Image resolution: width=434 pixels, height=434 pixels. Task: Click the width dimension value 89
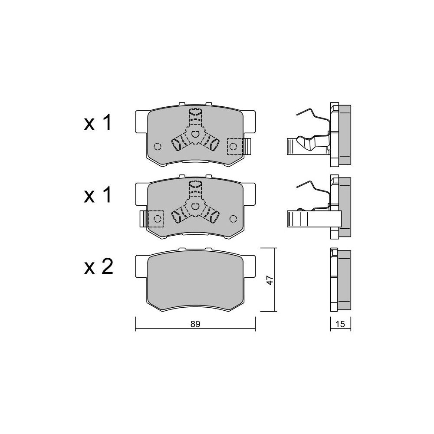coord(195,324)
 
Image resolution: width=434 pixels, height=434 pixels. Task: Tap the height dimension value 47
coord(270,280)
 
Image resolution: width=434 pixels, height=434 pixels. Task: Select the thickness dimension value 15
coord(340,324)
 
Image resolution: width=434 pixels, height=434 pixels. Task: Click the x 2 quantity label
coord(99,267)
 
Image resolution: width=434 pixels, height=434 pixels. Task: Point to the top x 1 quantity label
coord(98,123)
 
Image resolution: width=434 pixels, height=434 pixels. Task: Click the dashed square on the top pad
coord(234,146)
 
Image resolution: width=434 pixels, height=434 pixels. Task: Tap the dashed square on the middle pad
coord(156,219)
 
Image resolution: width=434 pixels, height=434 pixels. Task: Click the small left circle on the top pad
coord(158,146)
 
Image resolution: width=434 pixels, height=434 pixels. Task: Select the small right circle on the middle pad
coord(233,219)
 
